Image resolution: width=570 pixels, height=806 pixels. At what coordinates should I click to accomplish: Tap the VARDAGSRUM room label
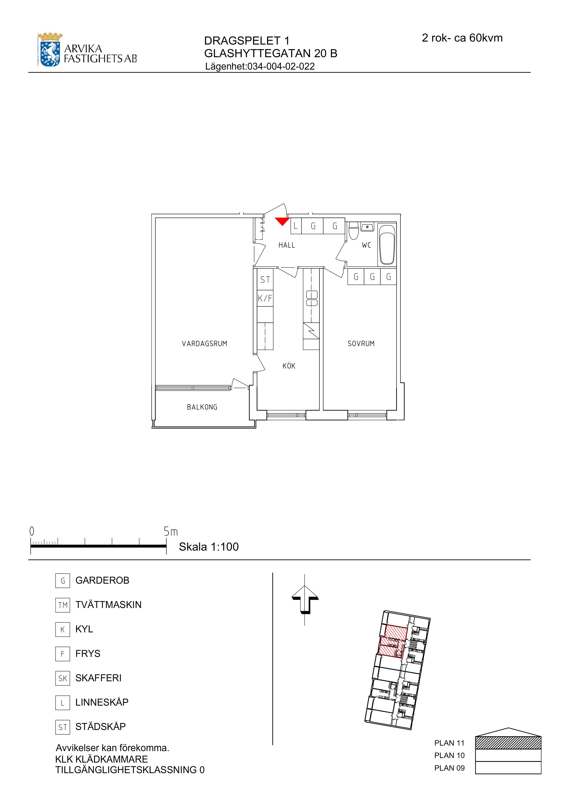(x=204, y=344)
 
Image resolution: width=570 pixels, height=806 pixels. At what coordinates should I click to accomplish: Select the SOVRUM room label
(x=361, y=344)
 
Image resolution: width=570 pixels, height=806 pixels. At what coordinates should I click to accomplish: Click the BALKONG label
(x=202, y=407)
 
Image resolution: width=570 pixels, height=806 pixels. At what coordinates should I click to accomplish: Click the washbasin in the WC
(x=367, y=227)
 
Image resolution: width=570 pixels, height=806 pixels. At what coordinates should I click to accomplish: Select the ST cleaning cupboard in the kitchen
(x=265, y=280)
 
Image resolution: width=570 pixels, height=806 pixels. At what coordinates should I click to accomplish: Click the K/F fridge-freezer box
(x=265, y=298)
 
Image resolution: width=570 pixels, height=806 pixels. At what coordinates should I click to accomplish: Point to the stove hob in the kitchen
(x=311, y=298)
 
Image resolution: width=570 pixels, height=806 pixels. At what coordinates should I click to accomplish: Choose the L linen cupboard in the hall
(x=296, y=226)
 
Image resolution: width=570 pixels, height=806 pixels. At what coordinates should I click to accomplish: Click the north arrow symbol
(x=305, y=605)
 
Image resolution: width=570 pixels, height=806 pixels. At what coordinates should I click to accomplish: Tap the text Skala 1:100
(x=209, y=547)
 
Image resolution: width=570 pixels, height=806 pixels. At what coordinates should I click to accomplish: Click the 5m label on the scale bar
(x=171, y=532)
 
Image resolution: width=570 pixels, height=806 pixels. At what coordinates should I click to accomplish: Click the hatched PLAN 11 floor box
(x=508, y=743)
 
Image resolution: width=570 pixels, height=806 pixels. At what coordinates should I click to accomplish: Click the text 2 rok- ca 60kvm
(x=462, y=38)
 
